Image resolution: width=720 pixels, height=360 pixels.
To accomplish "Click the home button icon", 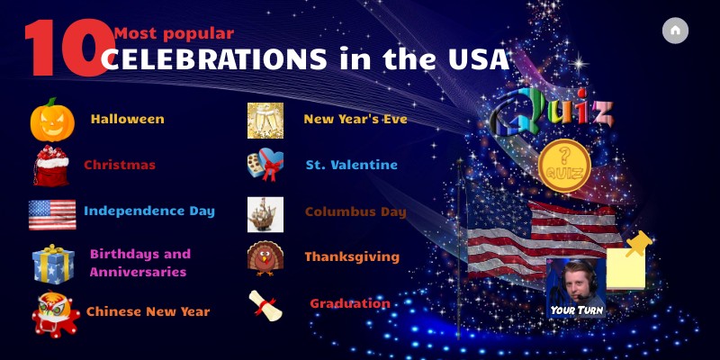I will [675, 31].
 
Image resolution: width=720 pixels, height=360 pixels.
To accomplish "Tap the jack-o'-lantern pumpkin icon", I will [52, 120].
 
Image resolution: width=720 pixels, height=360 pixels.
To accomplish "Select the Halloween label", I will [127, 119].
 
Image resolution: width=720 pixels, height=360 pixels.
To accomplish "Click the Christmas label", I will [120, 165].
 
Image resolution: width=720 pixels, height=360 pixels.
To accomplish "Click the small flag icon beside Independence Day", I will [52, 214].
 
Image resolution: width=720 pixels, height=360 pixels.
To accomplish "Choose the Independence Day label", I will [149, 211].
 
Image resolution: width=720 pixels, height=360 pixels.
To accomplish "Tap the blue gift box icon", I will [53, 264].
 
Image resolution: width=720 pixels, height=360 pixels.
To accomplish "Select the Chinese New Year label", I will [148, 311].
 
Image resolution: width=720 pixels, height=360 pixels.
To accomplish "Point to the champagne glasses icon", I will [265, 121].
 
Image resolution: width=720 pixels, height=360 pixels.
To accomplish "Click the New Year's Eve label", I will [355, 119].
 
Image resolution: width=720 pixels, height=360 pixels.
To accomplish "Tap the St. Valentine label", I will [351, 165].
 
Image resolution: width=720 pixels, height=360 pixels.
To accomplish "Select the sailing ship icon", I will [265, 214].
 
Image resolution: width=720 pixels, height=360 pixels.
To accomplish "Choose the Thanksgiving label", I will [352, 256].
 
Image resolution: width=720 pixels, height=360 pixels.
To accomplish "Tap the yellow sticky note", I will [625, 267].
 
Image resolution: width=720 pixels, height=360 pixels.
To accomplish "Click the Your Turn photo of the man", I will [575, 286].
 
